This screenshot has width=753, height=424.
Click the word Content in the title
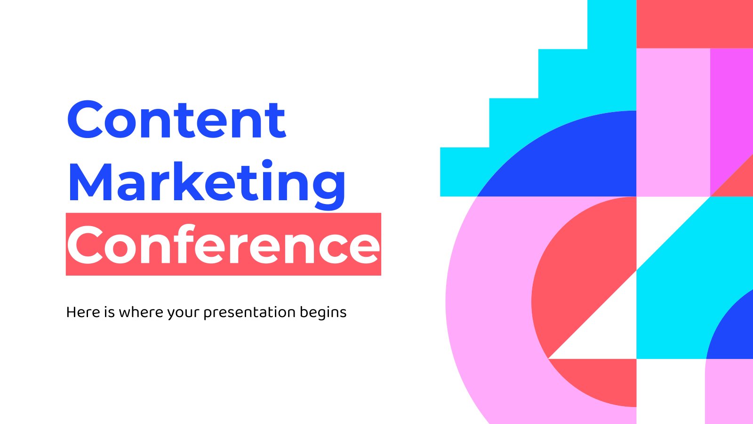point(177,120)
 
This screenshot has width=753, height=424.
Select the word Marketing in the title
point(207,184)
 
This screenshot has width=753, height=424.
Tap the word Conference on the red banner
point(224,245)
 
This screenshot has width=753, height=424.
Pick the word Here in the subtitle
point(83,312)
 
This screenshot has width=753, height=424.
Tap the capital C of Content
point(85,120)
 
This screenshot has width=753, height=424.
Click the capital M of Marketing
point(90,182)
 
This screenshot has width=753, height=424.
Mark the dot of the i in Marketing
point(267,164)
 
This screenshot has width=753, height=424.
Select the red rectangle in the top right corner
point(695,24)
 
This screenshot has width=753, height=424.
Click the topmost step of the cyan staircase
point(612,24)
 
